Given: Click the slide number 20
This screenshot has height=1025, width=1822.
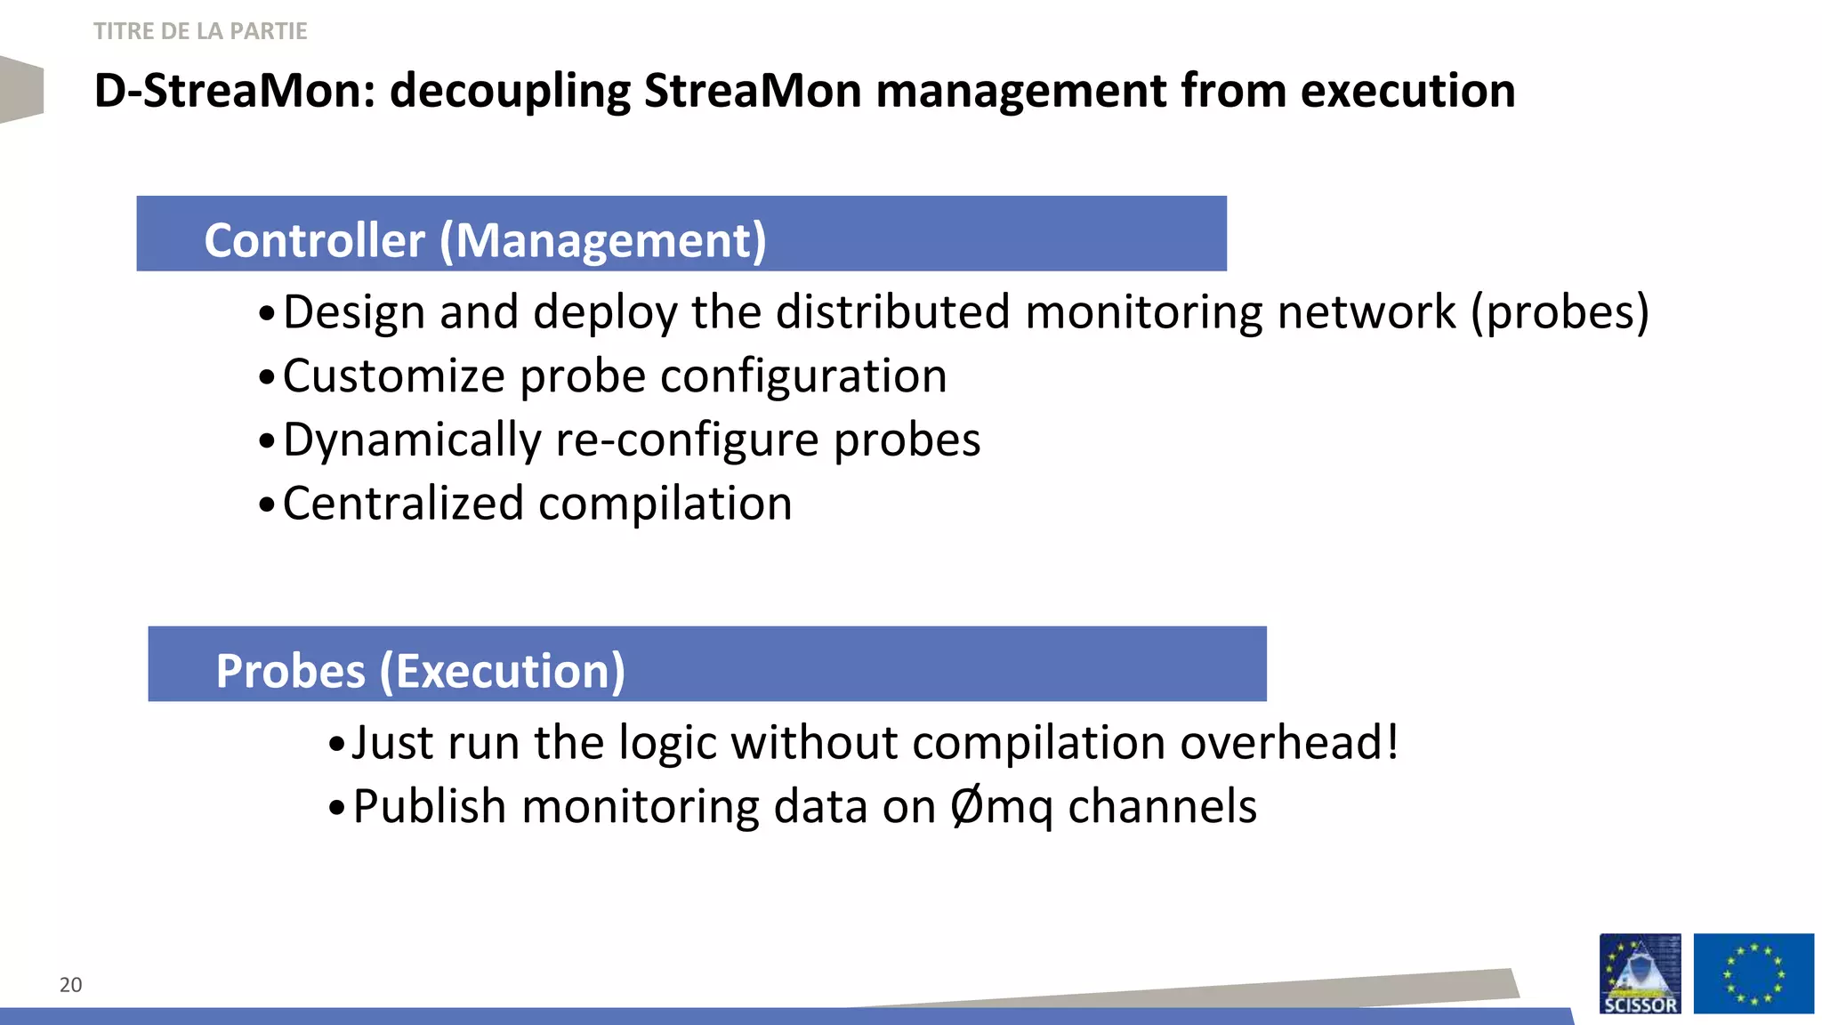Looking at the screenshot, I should (x=70, y=984).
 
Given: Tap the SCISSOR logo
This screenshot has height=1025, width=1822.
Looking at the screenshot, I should (x=1640, y=973).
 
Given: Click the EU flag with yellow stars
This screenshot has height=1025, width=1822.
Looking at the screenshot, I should (x=1753, y=973).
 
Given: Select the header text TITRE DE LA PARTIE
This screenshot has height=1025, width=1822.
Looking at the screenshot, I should (x=200, y=31).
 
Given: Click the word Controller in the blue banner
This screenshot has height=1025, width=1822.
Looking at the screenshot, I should (x=315, y=240).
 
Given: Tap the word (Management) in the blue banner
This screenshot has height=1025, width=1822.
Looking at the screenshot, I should (x=603, y=240).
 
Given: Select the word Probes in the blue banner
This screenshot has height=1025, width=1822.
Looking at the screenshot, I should (x=290, y=671).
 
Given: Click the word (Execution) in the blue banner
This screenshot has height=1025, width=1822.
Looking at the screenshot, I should (x=503, y=671).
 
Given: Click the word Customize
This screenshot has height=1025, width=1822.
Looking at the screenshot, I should (x=394, y=376).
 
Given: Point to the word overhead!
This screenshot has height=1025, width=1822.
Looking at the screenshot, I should (x=1289, y=742).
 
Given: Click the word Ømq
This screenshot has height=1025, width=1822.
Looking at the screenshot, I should (x=1002, y=807).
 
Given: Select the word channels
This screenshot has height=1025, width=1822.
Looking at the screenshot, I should (x=1162, y=807).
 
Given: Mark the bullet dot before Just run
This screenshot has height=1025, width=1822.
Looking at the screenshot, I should (x=335, y=745).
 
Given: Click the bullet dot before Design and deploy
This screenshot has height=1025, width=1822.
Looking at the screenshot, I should (x=266, y=314).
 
